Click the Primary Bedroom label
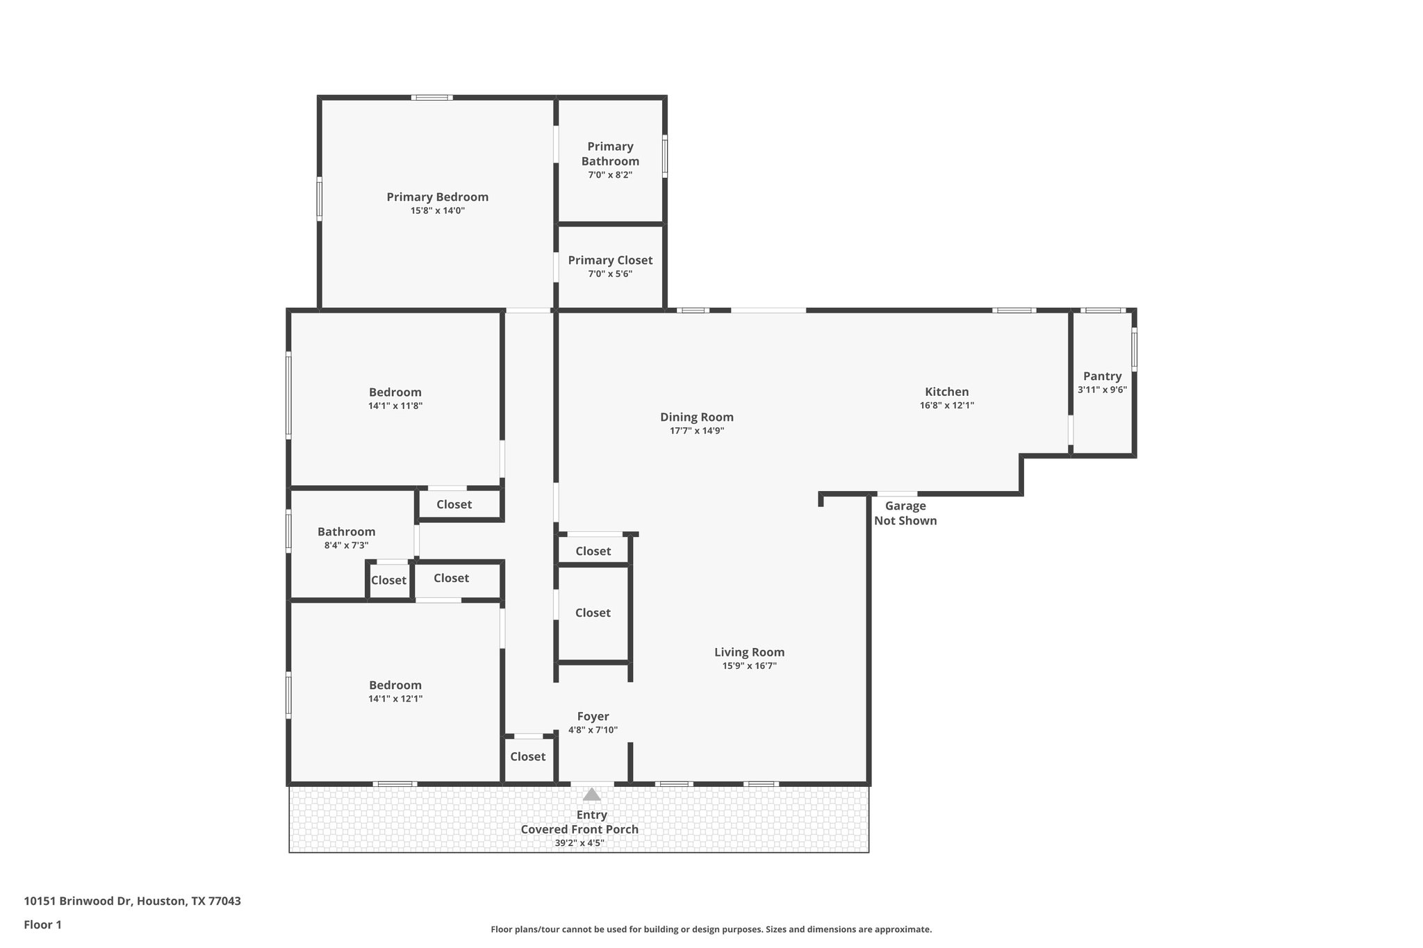pos(437,197)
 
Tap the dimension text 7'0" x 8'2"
pos(609,175)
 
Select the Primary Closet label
pos(609,260)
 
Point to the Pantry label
pos(1102,376)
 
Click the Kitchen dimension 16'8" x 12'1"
pos(946,406)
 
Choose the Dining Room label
pos(696,417)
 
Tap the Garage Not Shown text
pos(905,513)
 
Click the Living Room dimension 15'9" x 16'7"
pos(749,666)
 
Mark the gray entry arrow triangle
pos(591,795)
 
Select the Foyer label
pos(593,717)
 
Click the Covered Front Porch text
pos(579,829)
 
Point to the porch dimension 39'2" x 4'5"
pos(579,843)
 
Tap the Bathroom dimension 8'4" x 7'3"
pos(346,546)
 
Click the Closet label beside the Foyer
pos(527,757)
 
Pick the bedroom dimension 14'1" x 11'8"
pos(395,406)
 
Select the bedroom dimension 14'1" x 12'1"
pos(395,699)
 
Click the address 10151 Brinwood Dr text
pos(132,901)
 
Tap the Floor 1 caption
pos(42,925)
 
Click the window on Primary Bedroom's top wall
pos(431,98)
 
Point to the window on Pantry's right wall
pos(1134,349)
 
